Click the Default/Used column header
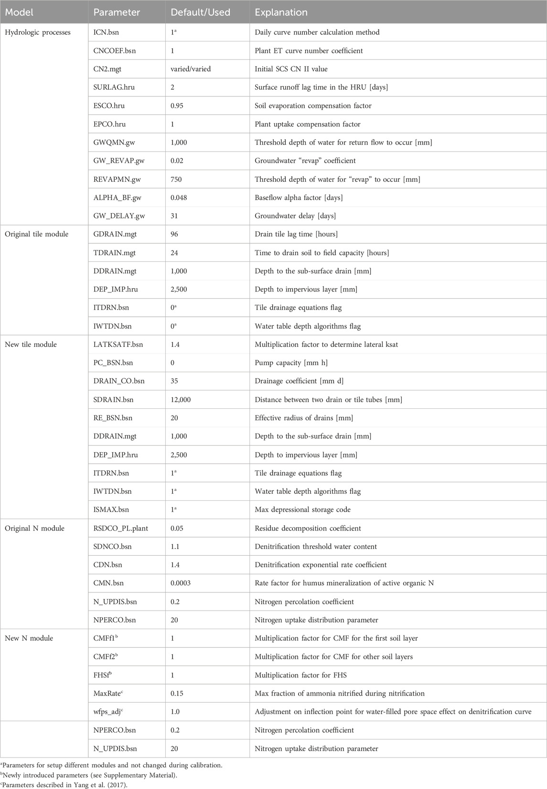(x=200, y=12)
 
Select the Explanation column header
(x=281, y=12)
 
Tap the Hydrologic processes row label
(x=38, y=32)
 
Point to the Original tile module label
(x=37, y=234)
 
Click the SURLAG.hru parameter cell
(x=116, y=87)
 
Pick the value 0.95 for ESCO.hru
(x=178, y=106)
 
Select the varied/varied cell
(x=191, y=69)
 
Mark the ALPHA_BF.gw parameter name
(x=118, y=197)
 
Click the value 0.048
(x=180, y=197)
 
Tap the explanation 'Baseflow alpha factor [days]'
(x=299, y=197)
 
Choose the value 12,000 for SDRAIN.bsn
(x=181, y=400)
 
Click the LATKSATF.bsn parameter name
(x=118, y=344)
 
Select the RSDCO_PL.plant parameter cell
(x=121, y=529)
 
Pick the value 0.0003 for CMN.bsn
(x=181, y=583)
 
